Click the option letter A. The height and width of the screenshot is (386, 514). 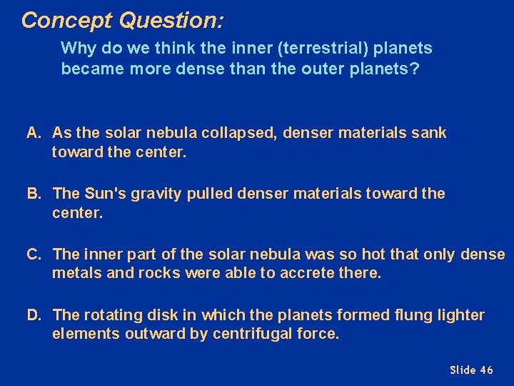(x=34, y=133)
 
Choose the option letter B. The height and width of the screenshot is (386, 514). (x=34, y=194)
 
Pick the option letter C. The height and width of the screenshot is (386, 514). (x=34, y=254)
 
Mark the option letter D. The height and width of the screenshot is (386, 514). (x=34, y=315)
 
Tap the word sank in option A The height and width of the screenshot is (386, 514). (x=429, y=133)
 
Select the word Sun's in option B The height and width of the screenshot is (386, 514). (x=104, y=194)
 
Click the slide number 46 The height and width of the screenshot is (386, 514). (x=486, y=370)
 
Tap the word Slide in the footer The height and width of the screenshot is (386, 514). (x=463, y=370)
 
